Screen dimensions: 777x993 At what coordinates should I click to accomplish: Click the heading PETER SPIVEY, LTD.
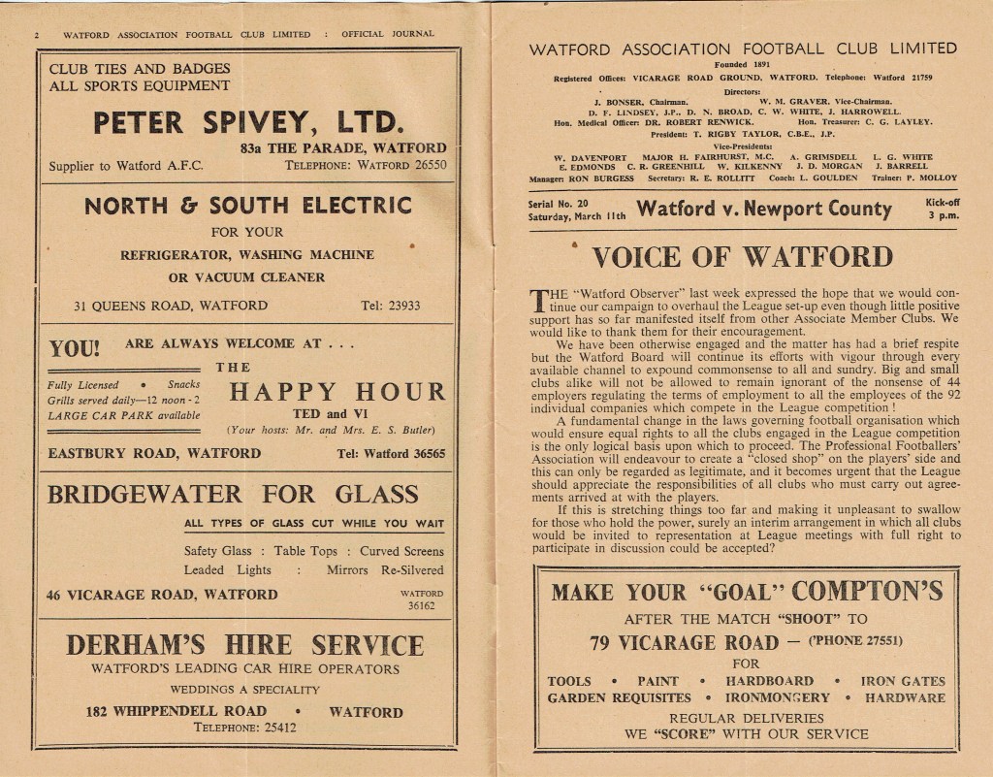(246, 123)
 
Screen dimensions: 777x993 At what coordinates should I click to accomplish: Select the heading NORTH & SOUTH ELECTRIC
(247, 206)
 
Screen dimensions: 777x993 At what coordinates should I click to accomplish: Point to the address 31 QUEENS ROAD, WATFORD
(171, 306)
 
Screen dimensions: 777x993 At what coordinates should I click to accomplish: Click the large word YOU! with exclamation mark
(74, 348)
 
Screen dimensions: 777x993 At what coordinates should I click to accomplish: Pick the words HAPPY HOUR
(336, 392)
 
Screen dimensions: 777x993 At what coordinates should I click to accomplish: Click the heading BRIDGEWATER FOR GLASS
(234, 494)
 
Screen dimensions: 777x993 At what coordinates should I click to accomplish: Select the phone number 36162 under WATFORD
(421, 606)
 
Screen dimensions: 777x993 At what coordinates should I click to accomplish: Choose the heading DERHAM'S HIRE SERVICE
(244, 644)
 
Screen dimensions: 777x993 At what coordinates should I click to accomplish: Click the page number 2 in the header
(37, 35)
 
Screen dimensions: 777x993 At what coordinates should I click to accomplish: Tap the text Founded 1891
(743, 65)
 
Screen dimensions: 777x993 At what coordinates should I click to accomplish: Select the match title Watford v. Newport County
(763, 209)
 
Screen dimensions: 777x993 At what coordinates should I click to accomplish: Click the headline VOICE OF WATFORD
(742, 257)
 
